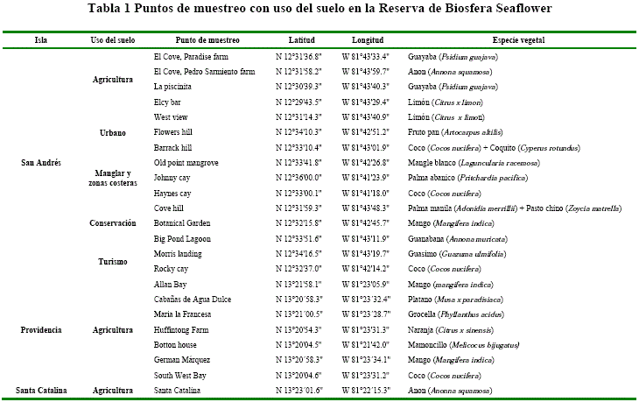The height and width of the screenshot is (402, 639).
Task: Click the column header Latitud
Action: coord(302,40)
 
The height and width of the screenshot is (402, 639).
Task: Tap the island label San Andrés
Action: coord(40,163)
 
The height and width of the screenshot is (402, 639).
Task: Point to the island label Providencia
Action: coord(40,329)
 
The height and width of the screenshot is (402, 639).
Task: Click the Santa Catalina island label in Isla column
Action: coord(40,390)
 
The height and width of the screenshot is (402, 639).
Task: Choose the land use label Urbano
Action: coord(112,132)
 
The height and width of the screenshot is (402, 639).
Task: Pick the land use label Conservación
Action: coord(112,223)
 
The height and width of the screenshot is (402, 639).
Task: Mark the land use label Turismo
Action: coord(112,261)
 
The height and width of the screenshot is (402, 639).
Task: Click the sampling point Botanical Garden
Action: coord(182,223)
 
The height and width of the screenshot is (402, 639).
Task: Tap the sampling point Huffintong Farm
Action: coord(182,329)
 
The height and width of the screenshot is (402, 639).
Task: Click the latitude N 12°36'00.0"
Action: coord(298,178)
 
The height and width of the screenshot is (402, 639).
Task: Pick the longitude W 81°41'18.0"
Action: coord(365,193)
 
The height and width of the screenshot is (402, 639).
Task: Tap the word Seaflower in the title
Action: coord(520,9)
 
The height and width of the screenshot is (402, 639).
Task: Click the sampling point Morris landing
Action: coord(178,253)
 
